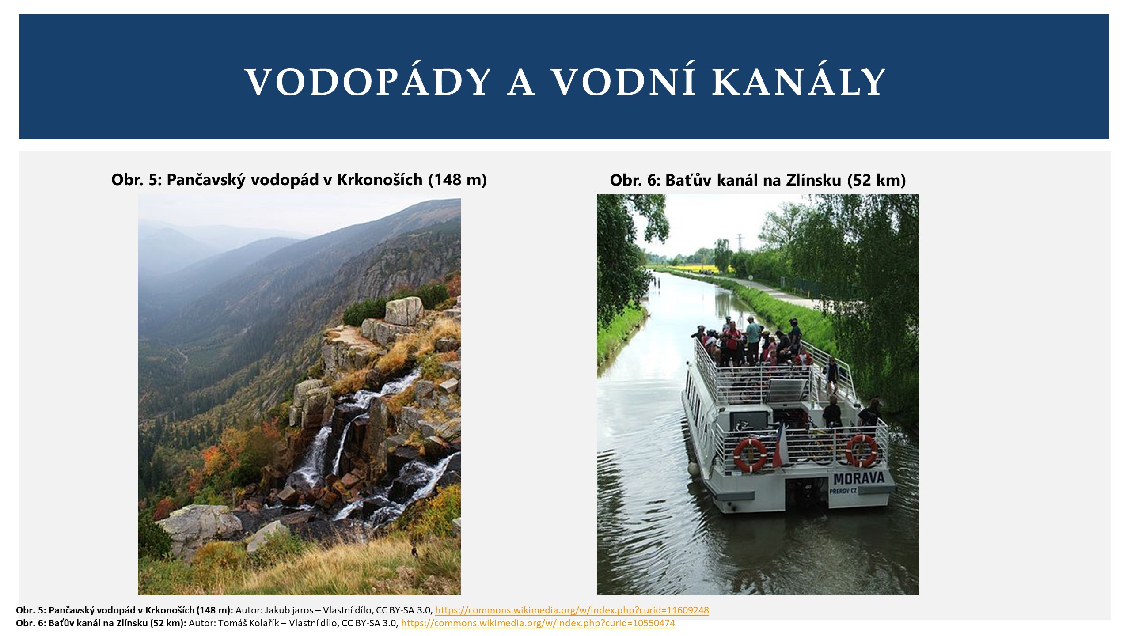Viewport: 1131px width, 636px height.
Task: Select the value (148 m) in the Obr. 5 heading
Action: click(457, 179)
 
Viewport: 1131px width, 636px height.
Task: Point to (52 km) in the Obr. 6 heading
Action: click(877, 180)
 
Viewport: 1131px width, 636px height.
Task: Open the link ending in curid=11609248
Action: click(572, 610)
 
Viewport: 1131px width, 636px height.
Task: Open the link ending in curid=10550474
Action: click(538, 623)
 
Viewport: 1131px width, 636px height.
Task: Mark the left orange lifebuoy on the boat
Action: click(750, 454)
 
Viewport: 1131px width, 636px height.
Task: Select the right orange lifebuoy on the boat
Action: click(862, 451)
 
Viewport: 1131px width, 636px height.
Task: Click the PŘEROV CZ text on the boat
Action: click(843, 491)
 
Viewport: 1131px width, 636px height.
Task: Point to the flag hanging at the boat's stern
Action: click(778, 446)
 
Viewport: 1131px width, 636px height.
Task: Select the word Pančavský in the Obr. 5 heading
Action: click(205, 179)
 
